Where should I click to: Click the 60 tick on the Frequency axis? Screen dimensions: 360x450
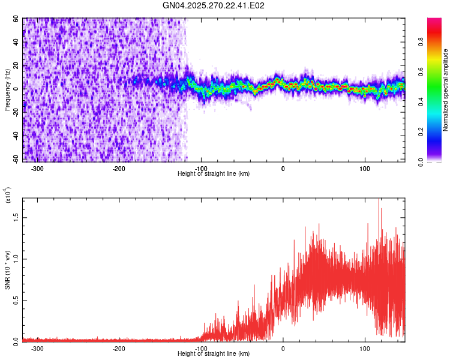pyautogui.click(x=16, y=19)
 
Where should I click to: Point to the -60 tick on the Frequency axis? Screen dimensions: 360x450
pyautogui.click(x=15, y=159)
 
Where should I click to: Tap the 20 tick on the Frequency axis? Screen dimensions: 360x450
pyautogui.click(x=16, y=65)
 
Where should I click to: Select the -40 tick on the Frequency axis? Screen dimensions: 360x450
pyautogui.click(x=15, y=136)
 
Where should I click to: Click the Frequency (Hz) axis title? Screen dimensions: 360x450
pyautogui.click(x=7, y=90)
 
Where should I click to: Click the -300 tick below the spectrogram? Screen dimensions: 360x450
pyautogui.click(x=37, y=169)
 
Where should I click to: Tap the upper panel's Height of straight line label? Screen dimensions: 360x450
pyautogui.click(x=214, y=174)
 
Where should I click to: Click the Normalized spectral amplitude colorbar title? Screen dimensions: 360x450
pyautogui.click(x=446, y=90)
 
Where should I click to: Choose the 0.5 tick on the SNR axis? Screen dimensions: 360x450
pyautogui.click(x=16, y=301)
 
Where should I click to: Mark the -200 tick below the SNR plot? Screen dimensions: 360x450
pyautogui.click(x=119, y=349)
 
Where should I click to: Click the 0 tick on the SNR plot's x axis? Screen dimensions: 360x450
pyautogui.click(x=283, y=349)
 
